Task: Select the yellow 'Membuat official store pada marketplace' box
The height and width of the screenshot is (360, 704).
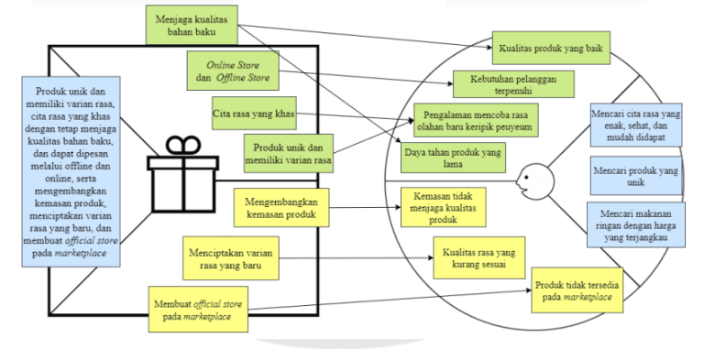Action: coord(202,309)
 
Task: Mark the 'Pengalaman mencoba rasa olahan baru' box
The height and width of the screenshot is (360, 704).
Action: coord(476,119)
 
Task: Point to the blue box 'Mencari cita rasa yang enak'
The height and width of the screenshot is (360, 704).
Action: coord(636,125)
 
